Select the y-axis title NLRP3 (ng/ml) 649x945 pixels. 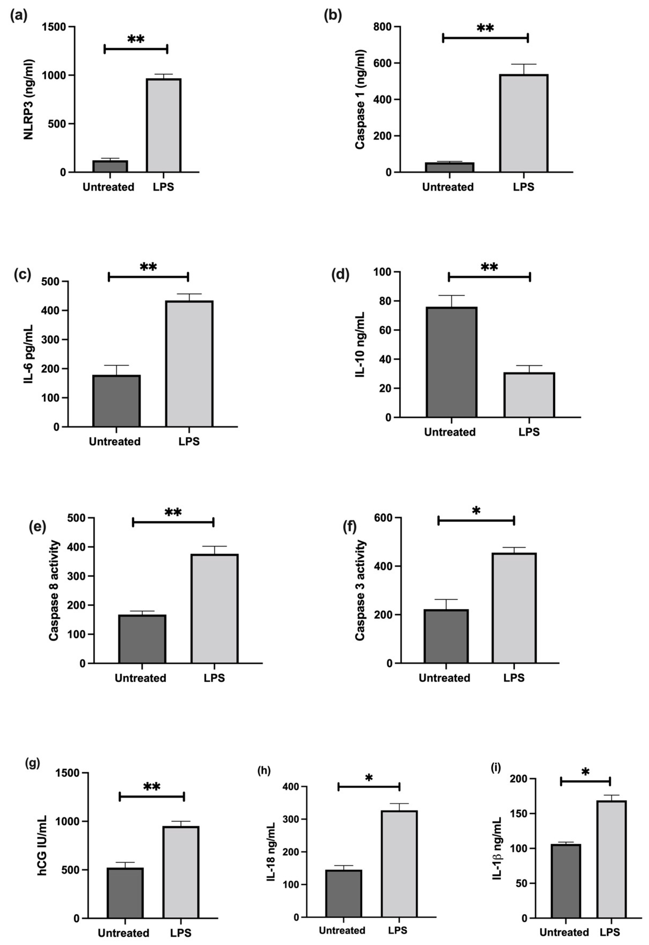point(29,100)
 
